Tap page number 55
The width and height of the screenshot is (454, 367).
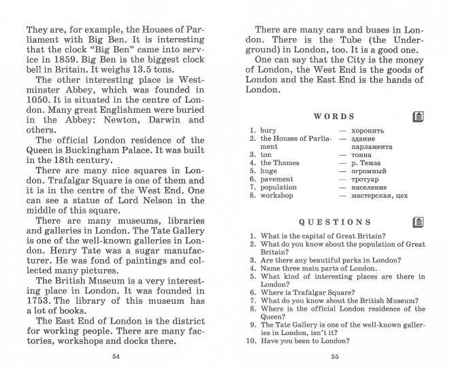335,356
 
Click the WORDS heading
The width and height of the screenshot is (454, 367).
334,117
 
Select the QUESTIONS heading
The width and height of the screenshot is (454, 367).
335,222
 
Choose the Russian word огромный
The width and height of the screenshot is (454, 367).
368,171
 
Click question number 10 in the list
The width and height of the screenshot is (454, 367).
250,341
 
